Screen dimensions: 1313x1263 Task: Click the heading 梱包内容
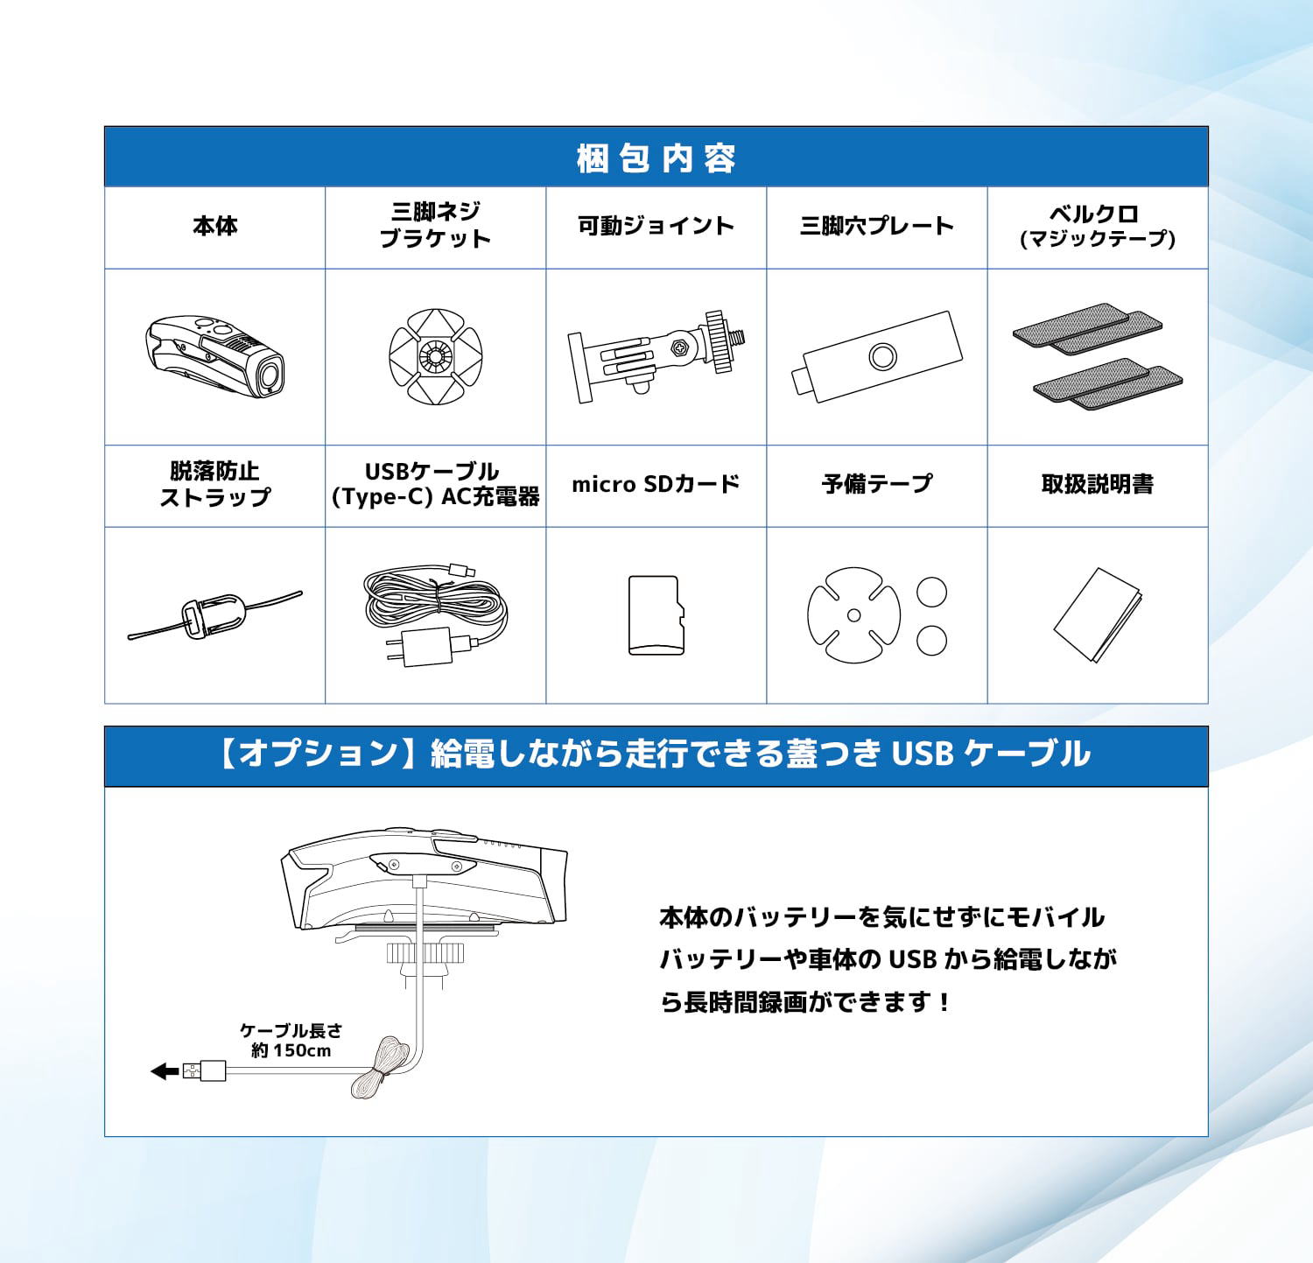[x=656, y=158]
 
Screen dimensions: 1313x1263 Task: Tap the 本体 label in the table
[x=215, y=226]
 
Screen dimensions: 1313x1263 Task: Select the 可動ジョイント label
[x=656, y=226]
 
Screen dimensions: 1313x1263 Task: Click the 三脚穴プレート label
[x=876, y=226]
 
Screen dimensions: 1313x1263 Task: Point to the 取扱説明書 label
[x=1098, y=484]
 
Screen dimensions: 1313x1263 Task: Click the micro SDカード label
[x=656, y=484]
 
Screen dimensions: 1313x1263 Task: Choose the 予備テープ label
[x=877, y=484]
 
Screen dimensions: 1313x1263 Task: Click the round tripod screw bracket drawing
[x=435, y=356]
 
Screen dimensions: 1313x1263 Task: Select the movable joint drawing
[x=656, y=355]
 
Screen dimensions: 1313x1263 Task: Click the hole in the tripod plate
[x=882, y=355]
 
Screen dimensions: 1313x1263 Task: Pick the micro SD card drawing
[x=655, y=614]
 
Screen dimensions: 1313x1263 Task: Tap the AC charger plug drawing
[x=421, y=649]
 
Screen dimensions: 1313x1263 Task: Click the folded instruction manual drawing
[x=1098, y=615]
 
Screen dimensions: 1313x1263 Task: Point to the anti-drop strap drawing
[x=215, y=614]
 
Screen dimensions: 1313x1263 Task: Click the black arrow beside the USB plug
[x=165, y=1070]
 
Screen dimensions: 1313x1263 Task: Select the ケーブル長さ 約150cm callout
[x=291, y=1041]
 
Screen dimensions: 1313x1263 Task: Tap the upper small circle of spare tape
[x=931, y=592]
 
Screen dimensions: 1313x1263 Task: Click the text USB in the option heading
[x=922, y=754]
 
